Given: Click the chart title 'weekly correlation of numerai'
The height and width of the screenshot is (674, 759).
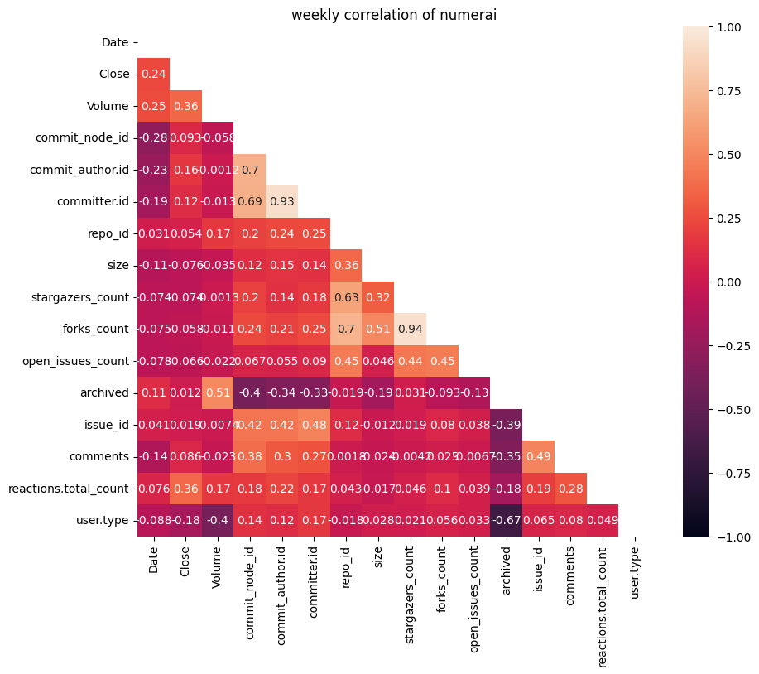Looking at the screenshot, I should coord(393,14).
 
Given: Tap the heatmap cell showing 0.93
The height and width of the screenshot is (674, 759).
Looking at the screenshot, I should coord(282,201).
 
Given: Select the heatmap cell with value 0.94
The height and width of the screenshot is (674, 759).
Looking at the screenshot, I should coord(410,329).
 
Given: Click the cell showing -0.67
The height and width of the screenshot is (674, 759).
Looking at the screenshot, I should coord(506,520).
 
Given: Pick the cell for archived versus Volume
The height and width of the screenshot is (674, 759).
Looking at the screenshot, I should coord(218,392).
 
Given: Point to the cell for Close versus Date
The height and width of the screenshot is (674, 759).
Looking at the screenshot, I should coord(153,74).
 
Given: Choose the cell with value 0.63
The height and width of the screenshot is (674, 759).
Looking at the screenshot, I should coord(346,297).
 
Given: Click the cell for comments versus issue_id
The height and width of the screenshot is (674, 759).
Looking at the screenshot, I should coord(538,456).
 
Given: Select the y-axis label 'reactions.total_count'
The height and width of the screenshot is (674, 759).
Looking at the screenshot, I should coord(69,489).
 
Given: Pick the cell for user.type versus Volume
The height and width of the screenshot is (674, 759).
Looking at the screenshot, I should coord(218,520).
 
